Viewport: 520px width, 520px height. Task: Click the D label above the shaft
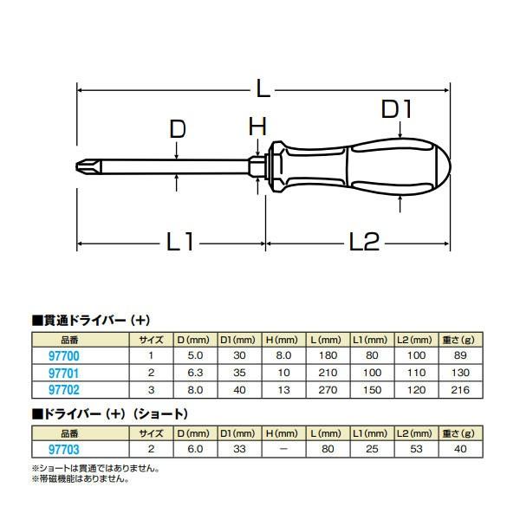(x=177, y=129)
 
